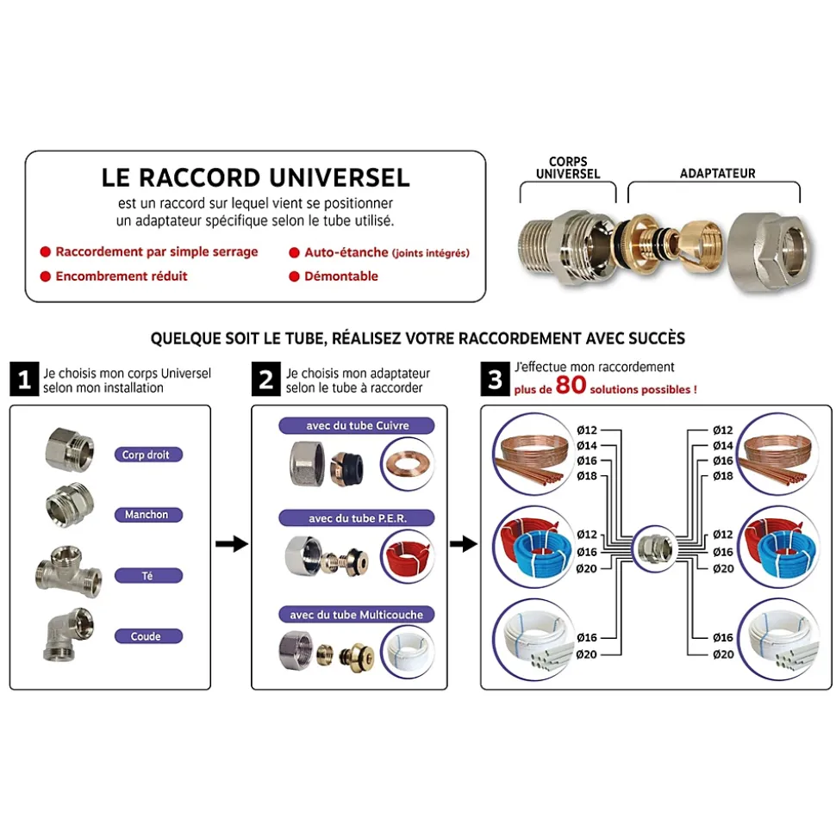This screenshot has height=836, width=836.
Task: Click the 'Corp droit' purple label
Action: click(x=148, y=455)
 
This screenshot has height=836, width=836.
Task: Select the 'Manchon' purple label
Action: click(x=148, y=515)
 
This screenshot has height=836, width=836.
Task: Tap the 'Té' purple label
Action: click(x=148, y=576)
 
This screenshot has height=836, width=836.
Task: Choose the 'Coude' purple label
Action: click(x=148, y=636)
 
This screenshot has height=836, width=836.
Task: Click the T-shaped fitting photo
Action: click(x=68, y=572)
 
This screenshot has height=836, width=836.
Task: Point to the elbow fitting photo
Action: click(x=68, y=635)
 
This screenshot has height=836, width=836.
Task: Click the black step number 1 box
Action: click(x=24, y=379)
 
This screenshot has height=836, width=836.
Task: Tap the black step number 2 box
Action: click(x=265, y=379)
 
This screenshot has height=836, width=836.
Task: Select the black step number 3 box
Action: click(x=495, y=379)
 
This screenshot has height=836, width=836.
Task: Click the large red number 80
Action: click(x=571, y=385)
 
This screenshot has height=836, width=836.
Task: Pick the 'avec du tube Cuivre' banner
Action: click(x=357, y=425)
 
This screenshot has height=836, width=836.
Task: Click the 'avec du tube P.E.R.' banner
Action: click(x=357, y=518)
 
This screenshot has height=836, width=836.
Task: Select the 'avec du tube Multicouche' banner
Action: click(x=357, y=615)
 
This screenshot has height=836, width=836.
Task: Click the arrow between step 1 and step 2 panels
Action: click(x=232, y=544)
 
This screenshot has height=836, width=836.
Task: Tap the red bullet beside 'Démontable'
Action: click(x=294, y=276)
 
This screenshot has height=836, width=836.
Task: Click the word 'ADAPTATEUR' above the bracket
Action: click(x=717, y=174)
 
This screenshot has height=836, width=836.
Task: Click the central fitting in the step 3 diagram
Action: click(x=654, y=548)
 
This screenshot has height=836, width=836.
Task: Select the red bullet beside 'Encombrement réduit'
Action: click(x=46, y=276)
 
